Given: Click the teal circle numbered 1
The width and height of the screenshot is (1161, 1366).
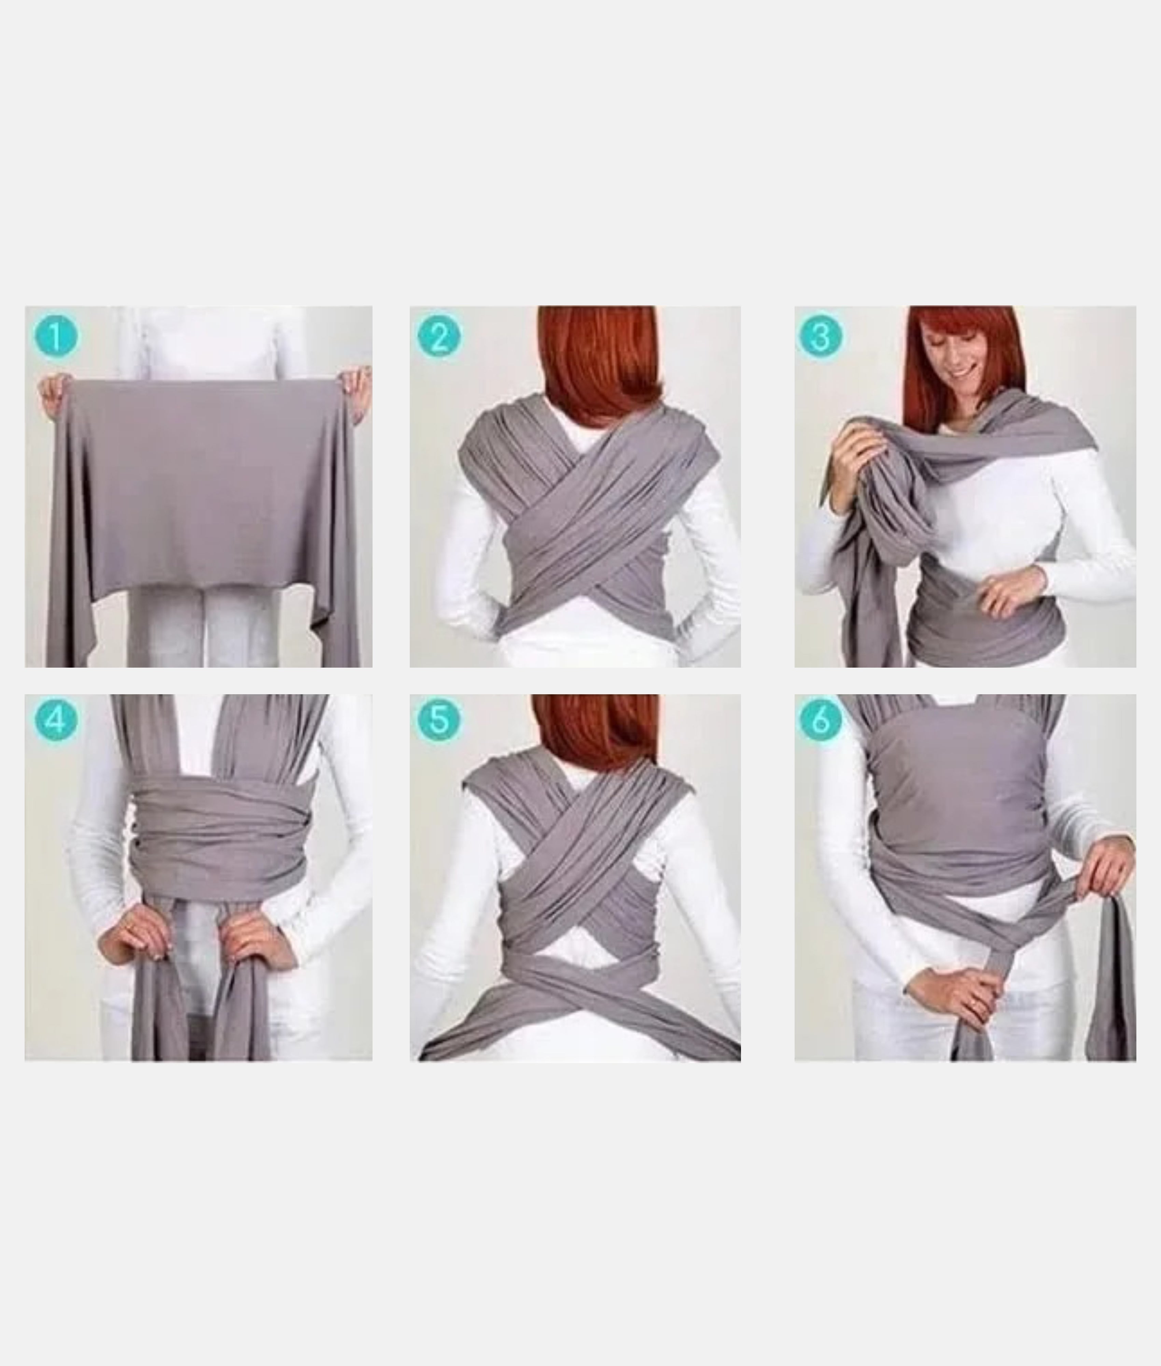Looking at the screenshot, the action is tap(56, 336).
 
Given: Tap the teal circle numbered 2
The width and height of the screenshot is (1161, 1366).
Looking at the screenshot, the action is tap(439, 336).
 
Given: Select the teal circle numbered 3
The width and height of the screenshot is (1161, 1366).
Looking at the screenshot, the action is tap(820, 336).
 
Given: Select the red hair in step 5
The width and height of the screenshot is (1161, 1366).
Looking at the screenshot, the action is tap(596, 734).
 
